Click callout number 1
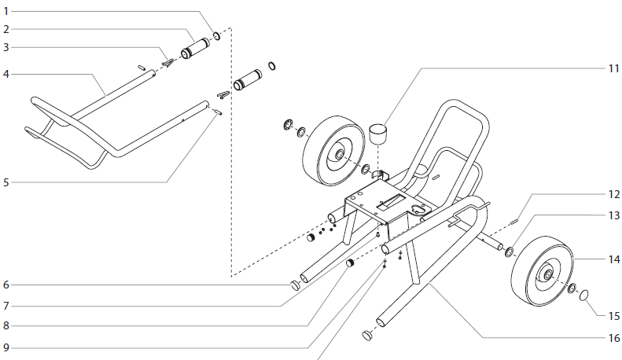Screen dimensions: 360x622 pyautogui.click(x=6, y=12)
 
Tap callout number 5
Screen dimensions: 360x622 pyautogui.click(x=6, y=182)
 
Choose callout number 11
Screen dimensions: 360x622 pyautogui.click(x=613, y=68)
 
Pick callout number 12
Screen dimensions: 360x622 pyautogui.click(x=613, y=193)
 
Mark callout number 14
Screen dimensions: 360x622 pyautogui.click(x=613, y=259)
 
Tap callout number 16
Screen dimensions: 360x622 pyautogui.click(x=613, y=338)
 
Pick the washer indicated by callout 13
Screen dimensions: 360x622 pyautogui.click(x=509, y=252)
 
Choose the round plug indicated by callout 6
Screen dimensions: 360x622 pyautogui.click(x=294, y=285)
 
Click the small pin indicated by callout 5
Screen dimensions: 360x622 pyautogui.click(x=216, y=112)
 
